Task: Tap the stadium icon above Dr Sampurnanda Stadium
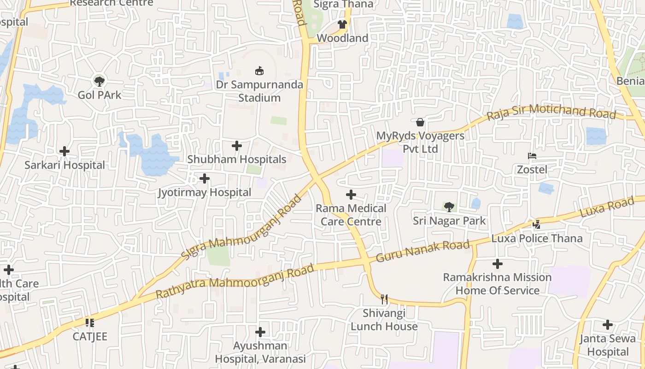tap(259, 71)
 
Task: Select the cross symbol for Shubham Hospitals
tap(237, 146)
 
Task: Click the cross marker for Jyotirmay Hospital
tap(205, 179)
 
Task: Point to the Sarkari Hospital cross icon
tap(64, 151)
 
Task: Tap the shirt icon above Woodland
tap(342, 24)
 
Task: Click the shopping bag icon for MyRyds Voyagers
tap(420, 122)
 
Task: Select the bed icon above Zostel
tap(532, 156)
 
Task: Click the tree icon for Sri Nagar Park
tap(449, 207)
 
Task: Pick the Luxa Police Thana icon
tap(536, 225)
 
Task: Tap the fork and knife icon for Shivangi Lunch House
tap(384, 299)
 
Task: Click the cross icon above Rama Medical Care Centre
tap(351, 195)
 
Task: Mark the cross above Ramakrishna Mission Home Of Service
tap(497, 264)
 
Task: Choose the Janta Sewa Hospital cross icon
tap(608, 325)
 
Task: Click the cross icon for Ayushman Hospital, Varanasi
tap(260, 332)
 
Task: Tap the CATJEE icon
tap(90, 322)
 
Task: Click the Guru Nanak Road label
tap(422, 251)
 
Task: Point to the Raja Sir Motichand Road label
tap(551, 112)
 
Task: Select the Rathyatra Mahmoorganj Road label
tap(235, 281)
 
